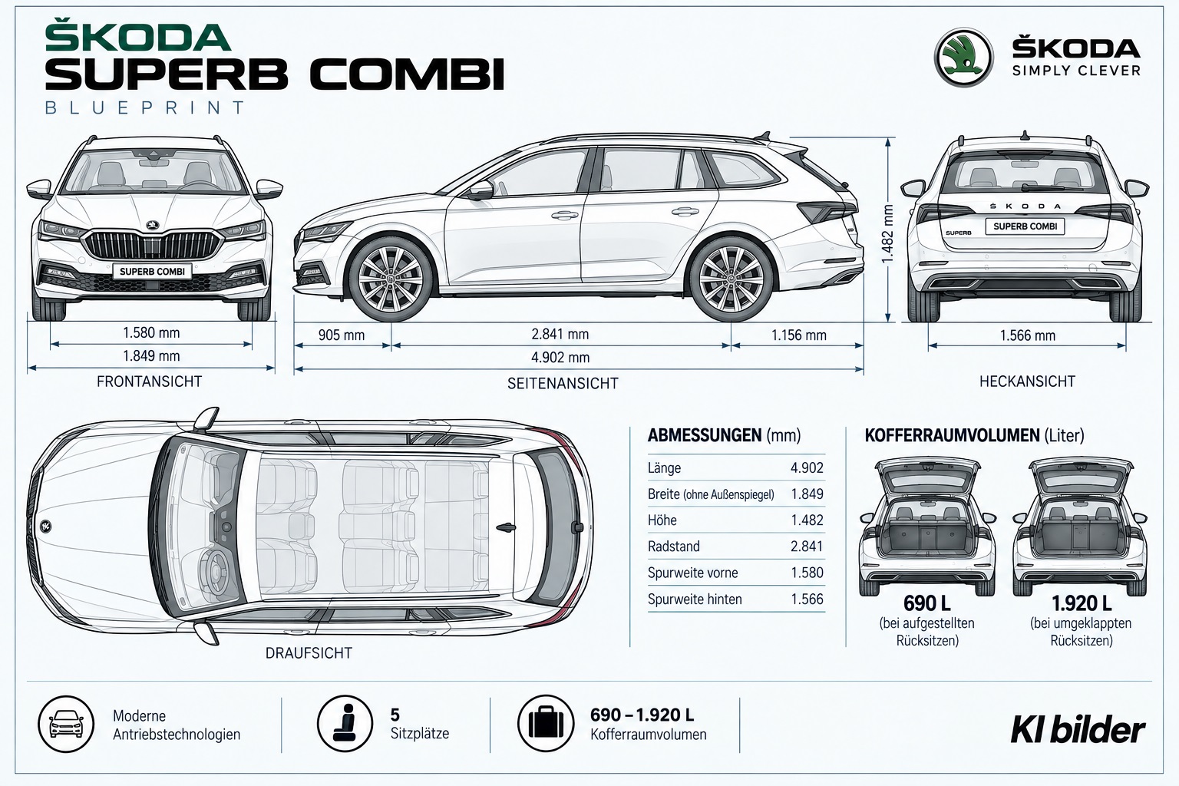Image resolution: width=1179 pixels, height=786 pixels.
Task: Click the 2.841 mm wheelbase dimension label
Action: (x=560, y=335)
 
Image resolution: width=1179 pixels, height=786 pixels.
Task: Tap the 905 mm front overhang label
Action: (x=341, y=335)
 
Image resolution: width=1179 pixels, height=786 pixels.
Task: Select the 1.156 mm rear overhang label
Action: (x=799, y=335)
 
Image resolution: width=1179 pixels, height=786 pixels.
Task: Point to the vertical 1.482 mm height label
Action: (x=887, y=234)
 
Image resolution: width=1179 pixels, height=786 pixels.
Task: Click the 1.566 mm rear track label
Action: (x=1028, y=336)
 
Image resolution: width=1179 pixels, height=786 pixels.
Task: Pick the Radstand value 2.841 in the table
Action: (x=807, y=547)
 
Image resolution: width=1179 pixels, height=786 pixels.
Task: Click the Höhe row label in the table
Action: (x=662, y=520)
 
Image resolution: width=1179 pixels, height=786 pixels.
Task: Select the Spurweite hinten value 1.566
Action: (x=807, y=599)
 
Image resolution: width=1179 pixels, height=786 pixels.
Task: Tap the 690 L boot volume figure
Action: (x=927, y=603)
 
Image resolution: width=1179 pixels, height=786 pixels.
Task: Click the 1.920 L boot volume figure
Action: (x=1081, y=603)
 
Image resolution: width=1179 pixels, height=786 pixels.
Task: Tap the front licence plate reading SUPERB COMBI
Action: (x=152, y=271)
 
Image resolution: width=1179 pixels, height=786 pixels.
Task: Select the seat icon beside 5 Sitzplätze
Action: (x=345, y=723)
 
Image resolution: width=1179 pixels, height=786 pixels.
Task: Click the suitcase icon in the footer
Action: (x=545, y=723)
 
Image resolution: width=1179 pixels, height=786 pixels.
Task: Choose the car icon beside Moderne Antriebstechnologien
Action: (x=66, y=724)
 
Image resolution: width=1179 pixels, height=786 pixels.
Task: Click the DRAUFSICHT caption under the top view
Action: (x=309, y=653)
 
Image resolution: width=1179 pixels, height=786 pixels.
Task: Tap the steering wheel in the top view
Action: (x=215, y=570)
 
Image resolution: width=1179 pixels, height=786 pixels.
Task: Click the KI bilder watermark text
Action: (x=1078, y=731)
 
